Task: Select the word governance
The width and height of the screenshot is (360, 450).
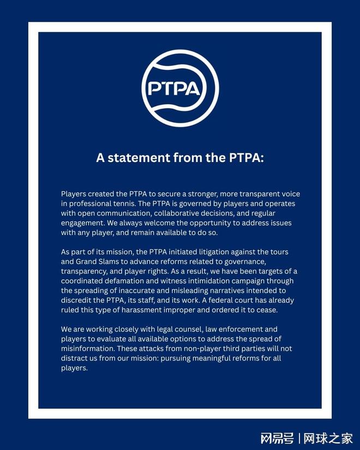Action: (248, 262)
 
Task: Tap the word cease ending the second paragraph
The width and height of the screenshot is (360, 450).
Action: (266, 310)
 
